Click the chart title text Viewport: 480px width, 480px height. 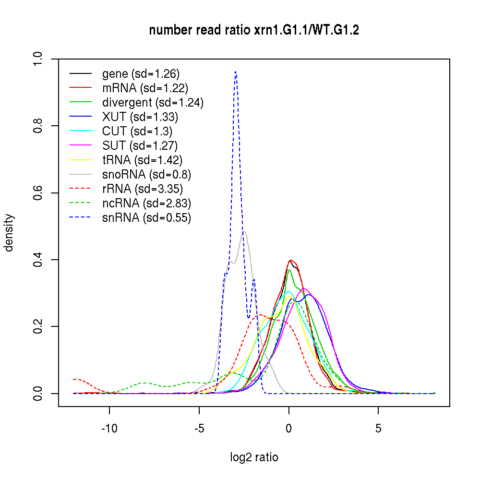point(254,30)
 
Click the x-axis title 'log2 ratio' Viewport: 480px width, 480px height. point(254,457)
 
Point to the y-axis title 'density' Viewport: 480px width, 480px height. point(9,232)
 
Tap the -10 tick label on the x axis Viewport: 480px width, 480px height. point(109,429)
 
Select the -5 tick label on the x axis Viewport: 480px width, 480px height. point(199,429)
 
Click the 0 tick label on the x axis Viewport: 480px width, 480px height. point(288,429)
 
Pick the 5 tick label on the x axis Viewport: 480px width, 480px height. point(378,429)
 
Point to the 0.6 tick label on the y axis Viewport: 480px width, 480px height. point(39,193)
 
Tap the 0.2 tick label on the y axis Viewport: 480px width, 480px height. point(39,326)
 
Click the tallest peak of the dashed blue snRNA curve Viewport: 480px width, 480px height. point(235,72)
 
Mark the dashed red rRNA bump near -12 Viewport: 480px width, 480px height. point(76,379)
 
